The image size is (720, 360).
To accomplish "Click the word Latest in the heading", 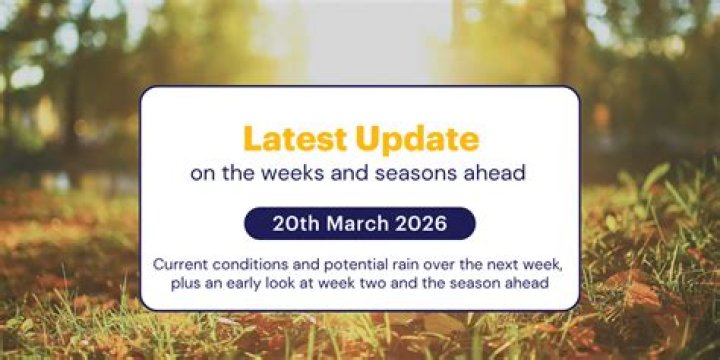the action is (x=296, y=139).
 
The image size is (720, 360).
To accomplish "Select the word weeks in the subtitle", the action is (x=270, y=174).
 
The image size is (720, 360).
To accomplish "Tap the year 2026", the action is (x=421, y=224).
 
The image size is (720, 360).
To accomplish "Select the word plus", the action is (x=186, y=284).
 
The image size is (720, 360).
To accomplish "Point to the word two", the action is (x=380, y=283).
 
